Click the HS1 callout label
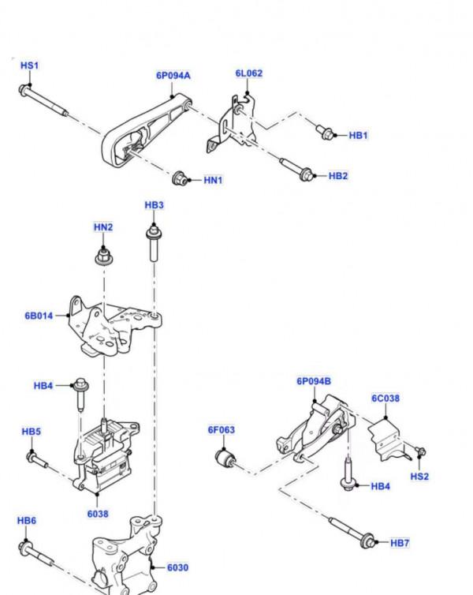pyautogui.click(x=30, y=65)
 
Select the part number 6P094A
pyautogui.click(x=173, y=76)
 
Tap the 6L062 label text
pyautogui.click(x=249, y=73)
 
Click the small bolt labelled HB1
pyautogui.click(x=325, y=132)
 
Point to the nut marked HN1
pyautogui.click(x=180, y=178)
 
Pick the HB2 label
pyautogui.click(x=338, y=176)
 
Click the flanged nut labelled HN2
pyautogui.click(x=103, y=256)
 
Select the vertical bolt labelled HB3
pyautogui.click(x=154, y=243)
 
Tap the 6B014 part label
pyautogui.click(x=39, y=316)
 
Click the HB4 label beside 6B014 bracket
pyautogui.click(x=43, y=386)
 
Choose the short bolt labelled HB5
pyautogui.click(x=37, y=458)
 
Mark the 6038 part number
pyautogui.click(x=98, y=514)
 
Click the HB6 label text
pyautogui.click(x=27, y=520)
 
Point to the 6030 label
pyautogui.click(x=177, y=567)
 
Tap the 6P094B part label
pyautogui.click(x=314, y=381)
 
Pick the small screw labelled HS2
pyautogui.click(x=420, y=451)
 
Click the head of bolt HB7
pyautogui.click(x=367, y=540)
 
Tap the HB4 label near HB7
pyautogui.click(x=380, y=486)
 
